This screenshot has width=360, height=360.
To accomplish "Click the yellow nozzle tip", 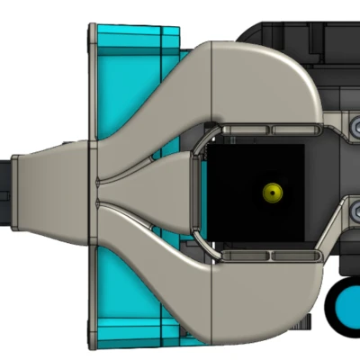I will [x=270, y=192].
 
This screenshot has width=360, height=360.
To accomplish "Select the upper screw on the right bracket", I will [x=354, y=130].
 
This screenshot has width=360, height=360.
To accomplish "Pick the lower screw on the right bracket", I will [x=354, y=213].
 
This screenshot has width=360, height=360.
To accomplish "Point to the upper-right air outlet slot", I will [x=293, y=132].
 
